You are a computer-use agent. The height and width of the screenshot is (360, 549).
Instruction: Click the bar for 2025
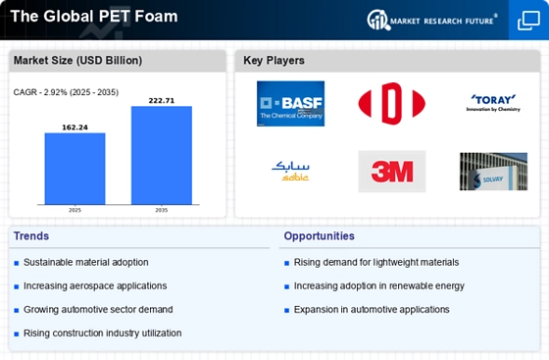[75, 168]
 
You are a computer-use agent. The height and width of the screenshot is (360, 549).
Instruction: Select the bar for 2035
[162, 154]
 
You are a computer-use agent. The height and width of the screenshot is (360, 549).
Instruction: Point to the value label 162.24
[75, 127]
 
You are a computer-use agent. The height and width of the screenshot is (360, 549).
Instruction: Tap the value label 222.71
[162, 100]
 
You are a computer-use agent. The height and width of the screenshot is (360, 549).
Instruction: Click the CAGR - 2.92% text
[65, 92]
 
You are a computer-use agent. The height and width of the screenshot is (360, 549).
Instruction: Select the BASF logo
[290, 103]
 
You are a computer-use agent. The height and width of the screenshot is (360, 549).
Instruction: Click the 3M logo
[391, 171]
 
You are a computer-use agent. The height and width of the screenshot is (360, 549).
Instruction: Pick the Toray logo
[492, 103]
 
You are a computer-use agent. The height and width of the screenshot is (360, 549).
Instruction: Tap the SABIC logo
[290, 171]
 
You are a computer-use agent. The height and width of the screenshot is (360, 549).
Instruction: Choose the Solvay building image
[493, 171]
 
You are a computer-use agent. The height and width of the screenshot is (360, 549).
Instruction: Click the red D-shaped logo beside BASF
[391, 103]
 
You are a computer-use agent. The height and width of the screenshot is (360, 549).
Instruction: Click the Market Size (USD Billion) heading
[77, 61]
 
